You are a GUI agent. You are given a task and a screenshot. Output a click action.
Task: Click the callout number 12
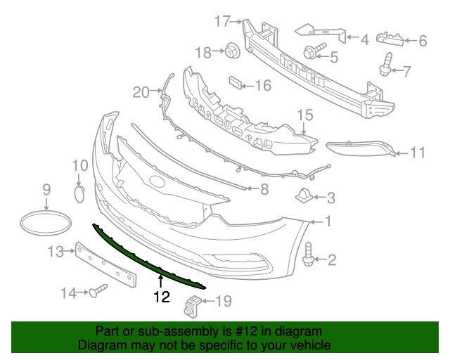coord(162,297)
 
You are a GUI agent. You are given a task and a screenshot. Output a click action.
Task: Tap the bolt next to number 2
coord(309,255)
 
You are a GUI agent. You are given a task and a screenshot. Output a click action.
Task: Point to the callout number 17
coord(223,22)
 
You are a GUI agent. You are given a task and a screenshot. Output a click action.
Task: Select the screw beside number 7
coord(387,65)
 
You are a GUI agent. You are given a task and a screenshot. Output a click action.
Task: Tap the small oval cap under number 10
coord(79,193)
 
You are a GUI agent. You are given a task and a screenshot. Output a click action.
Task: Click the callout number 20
coord(141,91)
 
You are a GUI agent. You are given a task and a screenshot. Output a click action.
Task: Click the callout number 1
coord(328,222)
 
